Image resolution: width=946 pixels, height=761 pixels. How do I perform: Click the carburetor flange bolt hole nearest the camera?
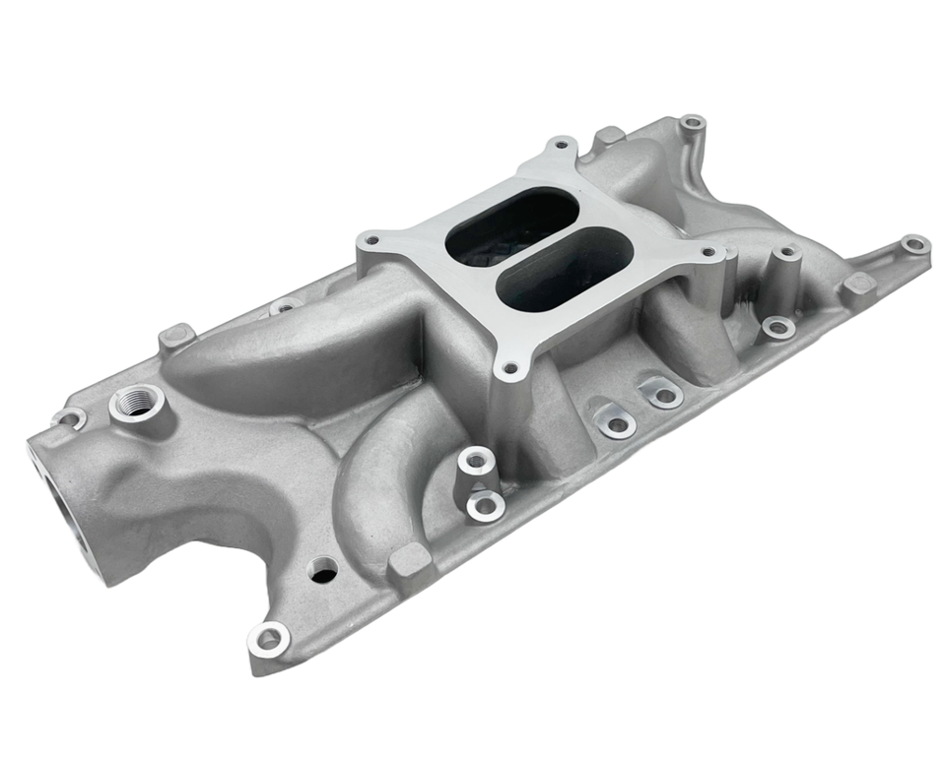pos(509,370)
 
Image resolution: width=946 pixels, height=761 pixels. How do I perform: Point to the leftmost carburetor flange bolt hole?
pos(371,239)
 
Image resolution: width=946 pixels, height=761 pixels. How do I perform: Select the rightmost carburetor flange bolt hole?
pos(709,252)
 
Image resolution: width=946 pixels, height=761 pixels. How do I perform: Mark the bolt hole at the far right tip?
pos(914,243)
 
